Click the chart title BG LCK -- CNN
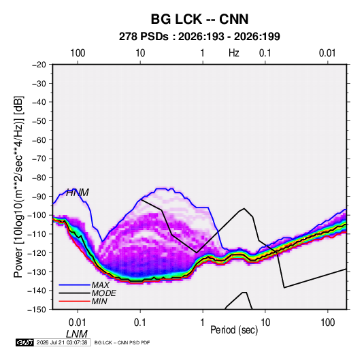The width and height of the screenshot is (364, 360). coord(199,19)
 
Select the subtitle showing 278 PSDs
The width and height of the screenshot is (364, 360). coord(199,37)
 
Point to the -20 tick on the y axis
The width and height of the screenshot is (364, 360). coord(39,65)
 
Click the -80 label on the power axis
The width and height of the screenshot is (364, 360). coord(39,178)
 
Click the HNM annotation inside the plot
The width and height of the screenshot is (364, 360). coord(78,193)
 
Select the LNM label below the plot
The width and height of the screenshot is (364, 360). coord(77,334)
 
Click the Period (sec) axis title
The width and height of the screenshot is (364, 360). coord(234,330)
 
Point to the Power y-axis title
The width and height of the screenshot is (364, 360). coord(18,187)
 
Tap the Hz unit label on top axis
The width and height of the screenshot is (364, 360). coord(234,53)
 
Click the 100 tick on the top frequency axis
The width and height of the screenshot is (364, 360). coord(78,53)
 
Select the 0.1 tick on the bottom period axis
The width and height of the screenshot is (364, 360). coord(140,323)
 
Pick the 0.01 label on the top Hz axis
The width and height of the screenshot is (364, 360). coord(327,53)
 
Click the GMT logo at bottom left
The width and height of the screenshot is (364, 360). coord(25,342)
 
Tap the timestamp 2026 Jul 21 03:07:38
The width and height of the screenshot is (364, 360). coord(62,342)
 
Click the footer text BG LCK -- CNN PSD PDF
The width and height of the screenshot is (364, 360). coord(122,342)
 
